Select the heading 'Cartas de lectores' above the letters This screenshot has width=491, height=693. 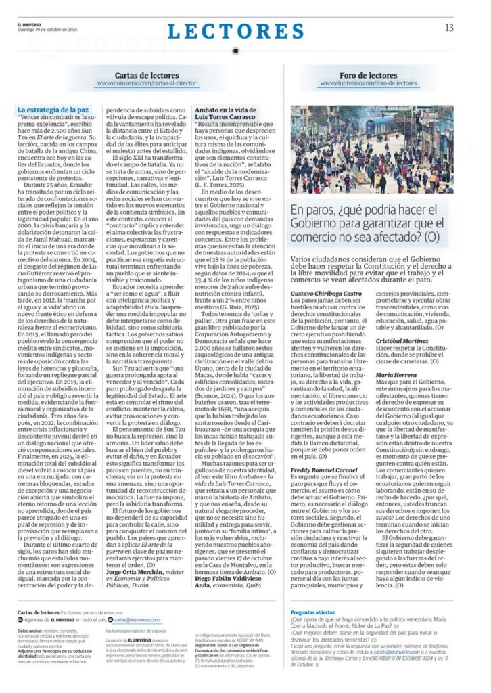[x=137, y=76]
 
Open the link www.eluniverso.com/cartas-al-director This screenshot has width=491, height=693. [x=137, y=84]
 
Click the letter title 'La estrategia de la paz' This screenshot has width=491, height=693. [x=52, y=109]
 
